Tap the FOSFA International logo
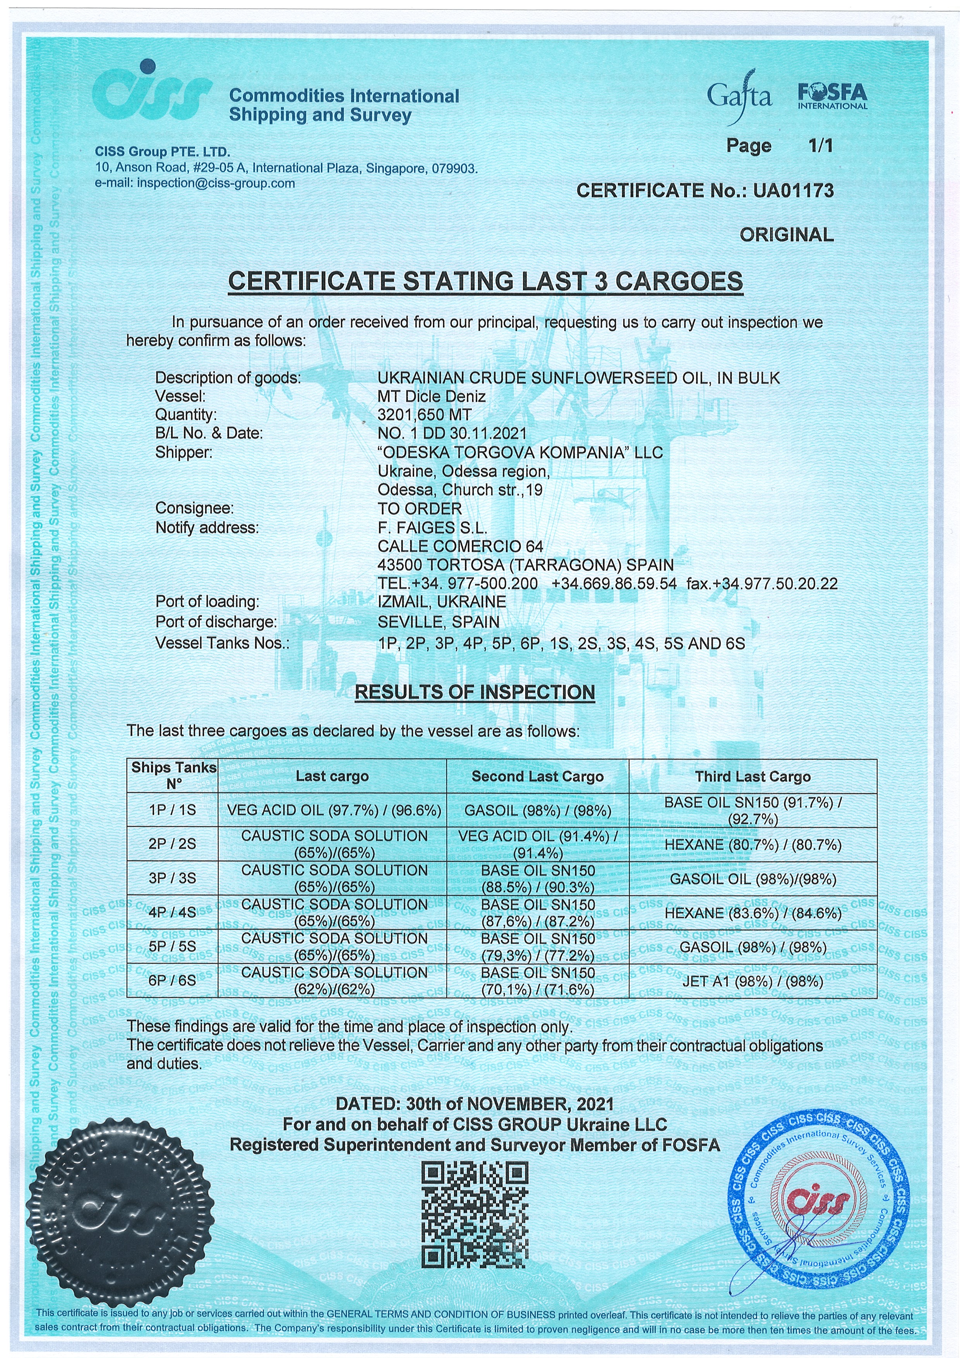(x=832, y=96)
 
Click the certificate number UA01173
(x=793, y=190)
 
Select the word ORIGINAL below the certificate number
(x=786, y=235)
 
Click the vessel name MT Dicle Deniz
(x=432, y=396)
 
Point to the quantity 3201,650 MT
(x=425, y=414)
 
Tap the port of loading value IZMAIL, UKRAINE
(x=442, y=602)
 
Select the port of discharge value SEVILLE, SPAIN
(x=438, y=622)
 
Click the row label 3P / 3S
(x=172, y=878)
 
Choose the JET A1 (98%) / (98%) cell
(x=753, y=981)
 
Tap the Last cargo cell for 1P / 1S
(x=334, y=810)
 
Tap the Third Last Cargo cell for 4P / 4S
(x=753, y=913)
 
